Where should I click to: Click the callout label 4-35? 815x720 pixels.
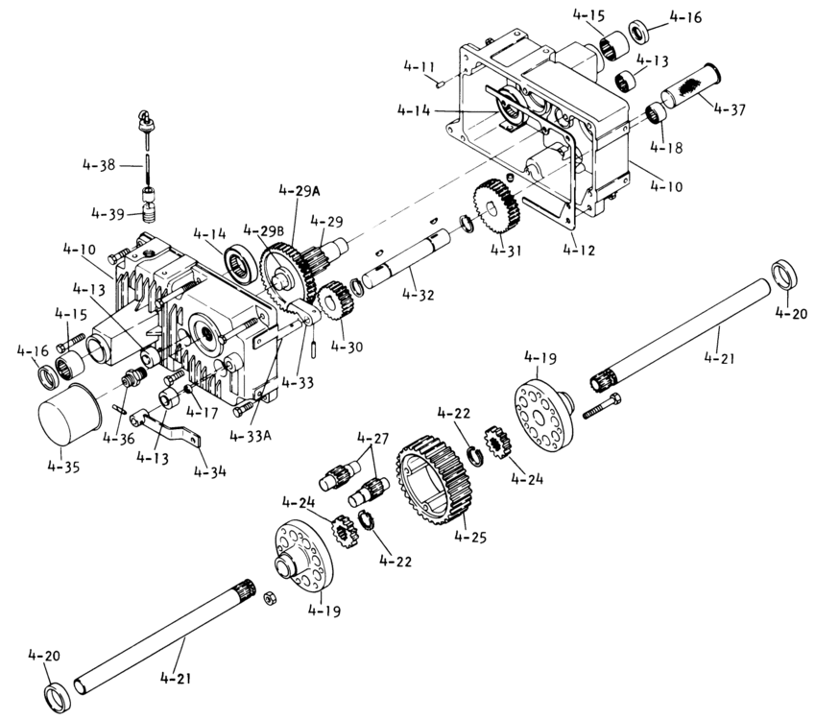(x=63, y=467)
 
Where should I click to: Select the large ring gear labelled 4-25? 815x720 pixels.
(x=432, y=480)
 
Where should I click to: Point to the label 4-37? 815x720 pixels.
(x=730, y=109)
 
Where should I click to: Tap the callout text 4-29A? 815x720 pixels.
(x=299, y=191)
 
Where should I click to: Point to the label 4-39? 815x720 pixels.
(x=108, y=214)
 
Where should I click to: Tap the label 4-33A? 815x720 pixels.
(x=251, y=435)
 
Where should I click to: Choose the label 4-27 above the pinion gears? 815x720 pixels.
(x=372, y=438)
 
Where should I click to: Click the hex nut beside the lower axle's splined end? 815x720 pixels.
(x=269, y=598)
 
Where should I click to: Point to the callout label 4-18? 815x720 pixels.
(x=666, y=147)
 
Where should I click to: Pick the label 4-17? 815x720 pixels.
(x=203, y=412)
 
